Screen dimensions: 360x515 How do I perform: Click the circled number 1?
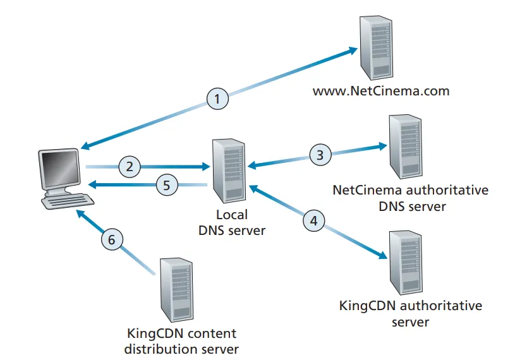[217, 99]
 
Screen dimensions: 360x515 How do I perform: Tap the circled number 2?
[130, 167]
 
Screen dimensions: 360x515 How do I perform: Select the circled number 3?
[320, 154]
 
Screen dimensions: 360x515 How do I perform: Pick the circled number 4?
[314, 220]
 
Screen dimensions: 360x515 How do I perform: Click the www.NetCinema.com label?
[381, 91]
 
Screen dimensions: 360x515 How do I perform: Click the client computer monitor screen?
[61, 169]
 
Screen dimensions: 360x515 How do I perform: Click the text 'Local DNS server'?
[231, 222]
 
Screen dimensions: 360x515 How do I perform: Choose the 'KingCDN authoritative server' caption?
[411, 314]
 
